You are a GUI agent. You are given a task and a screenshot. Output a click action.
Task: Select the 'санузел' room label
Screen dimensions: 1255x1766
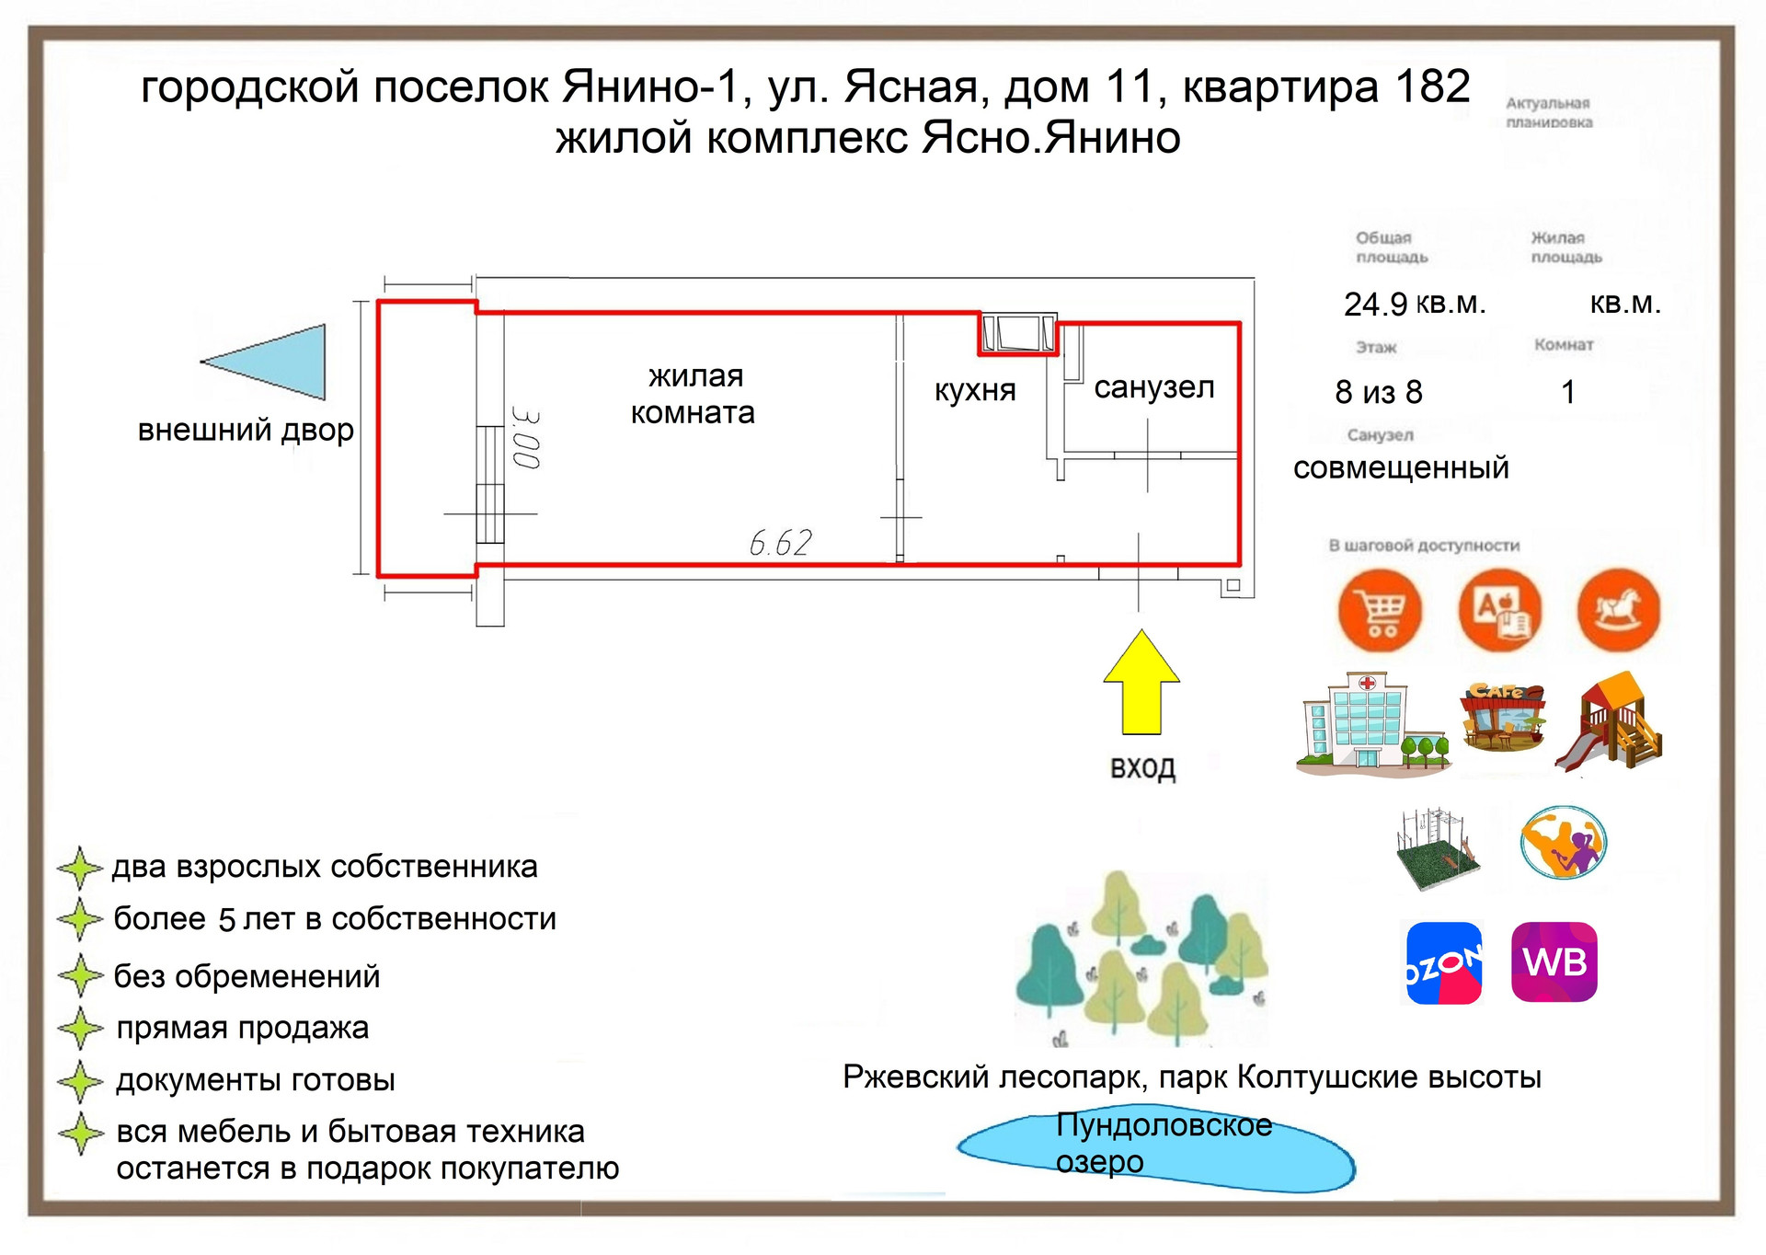tap(1153, 387)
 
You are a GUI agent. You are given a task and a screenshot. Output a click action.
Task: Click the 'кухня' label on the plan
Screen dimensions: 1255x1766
tap(975, 390)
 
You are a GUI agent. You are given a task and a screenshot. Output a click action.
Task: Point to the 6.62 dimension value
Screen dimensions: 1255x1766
tap(780, 543)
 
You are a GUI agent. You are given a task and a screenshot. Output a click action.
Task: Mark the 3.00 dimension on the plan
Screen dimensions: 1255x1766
tap(526, 439)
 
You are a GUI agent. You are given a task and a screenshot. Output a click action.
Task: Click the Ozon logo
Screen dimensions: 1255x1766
tap(1444, 962)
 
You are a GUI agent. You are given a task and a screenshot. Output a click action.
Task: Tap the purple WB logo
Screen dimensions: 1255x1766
tap(1554, 962)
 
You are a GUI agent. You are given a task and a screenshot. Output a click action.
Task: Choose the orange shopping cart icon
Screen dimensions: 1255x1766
tap(1380, 610)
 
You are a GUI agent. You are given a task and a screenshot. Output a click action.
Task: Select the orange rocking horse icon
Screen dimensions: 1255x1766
tap(1619, 609)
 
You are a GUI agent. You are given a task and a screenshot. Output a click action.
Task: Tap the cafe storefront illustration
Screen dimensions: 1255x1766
tap(1502, 718)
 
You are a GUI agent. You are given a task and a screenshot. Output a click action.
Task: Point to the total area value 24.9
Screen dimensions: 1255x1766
tap(1375, 305)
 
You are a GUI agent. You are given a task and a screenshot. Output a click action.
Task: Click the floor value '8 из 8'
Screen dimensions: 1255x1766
tap(1378, 393)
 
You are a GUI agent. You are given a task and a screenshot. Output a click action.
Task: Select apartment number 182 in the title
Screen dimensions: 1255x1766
tap(1433, 87)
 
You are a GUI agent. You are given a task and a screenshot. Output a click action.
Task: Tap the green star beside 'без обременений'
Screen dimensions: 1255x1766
tap(81, 975)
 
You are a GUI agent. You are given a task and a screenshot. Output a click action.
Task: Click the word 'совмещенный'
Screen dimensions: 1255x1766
tap(1401, 468)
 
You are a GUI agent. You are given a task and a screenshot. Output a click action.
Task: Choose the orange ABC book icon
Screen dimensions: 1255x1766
tap(1500, 609)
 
